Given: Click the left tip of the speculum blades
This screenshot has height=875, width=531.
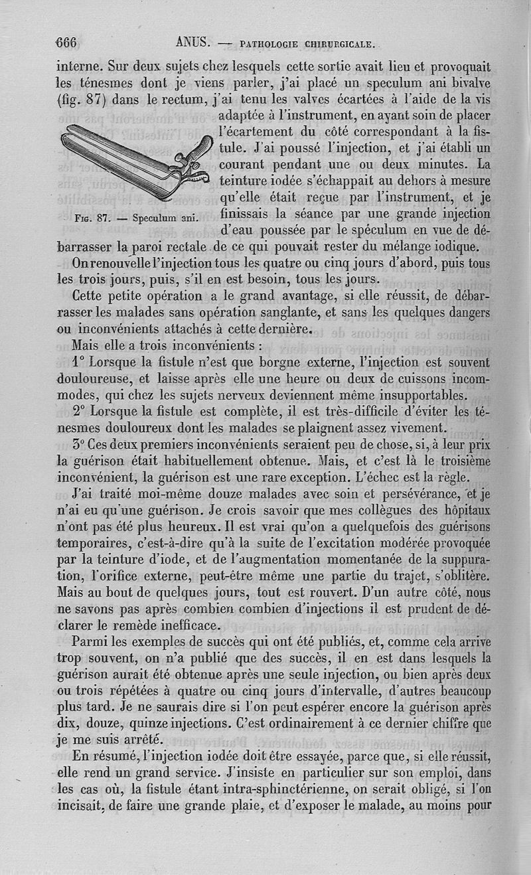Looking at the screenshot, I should click(x=66, y=141).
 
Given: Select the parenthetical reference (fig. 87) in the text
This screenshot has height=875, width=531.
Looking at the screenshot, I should click(x=85, y=101).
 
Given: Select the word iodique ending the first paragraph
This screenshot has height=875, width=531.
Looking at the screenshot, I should click(x=452, y=247).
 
